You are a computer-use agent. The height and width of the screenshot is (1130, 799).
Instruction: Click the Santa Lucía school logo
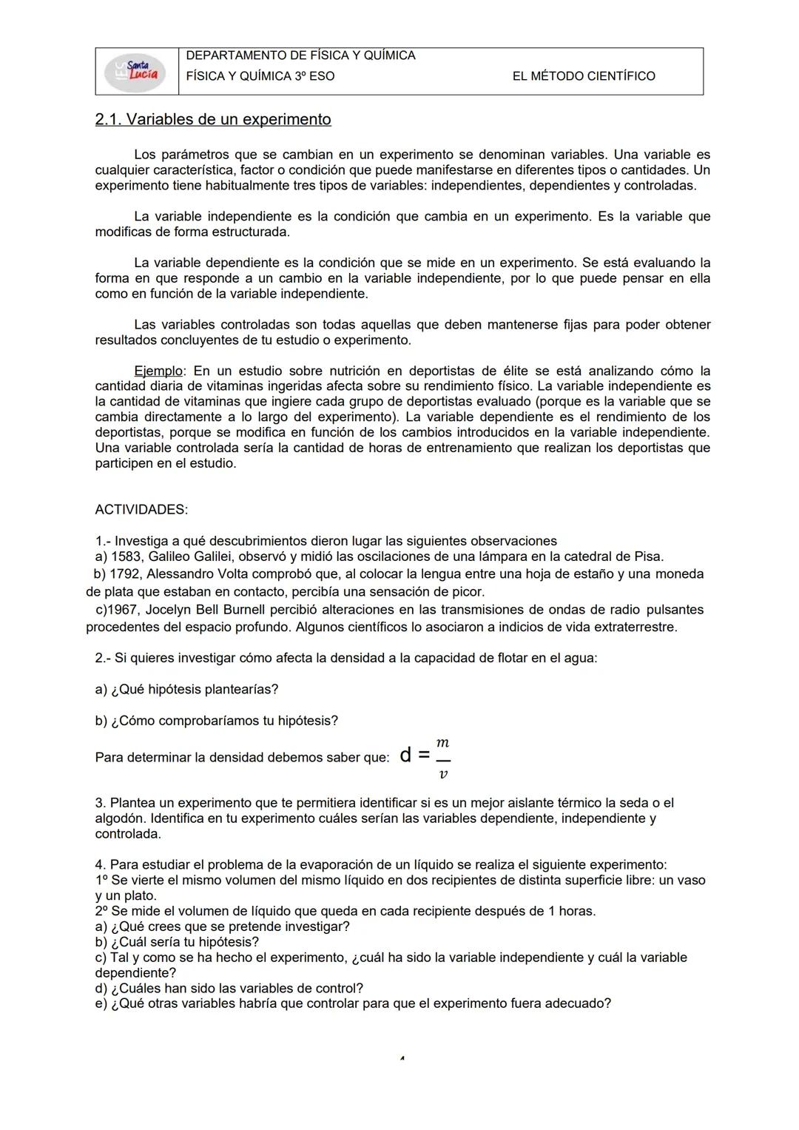click(136, 72)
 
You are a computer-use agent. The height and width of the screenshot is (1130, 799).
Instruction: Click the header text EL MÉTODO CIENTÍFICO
click(583, 76)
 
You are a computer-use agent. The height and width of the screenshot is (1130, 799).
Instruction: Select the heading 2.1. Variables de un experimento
click(213, 119)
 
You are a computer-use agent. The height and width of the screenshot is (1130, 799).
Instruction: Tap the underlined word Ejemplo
click(158, 371)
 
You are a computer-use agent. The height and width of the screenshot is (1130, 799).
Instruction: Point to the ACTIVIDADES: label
click(141, 510)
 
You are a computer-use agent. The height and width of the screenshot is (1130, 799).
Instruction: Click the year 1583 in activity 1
click(125, 556)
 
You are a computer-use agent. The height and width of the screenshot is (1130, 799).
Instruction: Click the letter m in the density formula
click(442, 742)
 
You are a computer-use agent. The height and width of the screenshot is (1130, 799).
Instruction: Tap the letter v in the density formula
click(442, 774)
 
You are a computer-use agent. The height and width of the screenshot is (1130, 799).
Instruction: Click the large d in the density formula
click(405, 756)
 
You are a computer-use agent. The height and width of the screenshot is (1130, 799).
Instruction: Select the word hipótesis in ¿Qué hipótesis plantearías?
click(175, 690)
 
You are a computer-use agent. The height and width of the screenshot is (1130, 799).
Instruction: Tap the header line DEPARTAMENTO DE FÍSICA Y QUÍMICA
click(300, 56)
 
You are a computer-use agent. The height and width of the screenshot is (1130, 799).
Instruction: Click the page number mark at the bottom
click(401, 1059)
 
